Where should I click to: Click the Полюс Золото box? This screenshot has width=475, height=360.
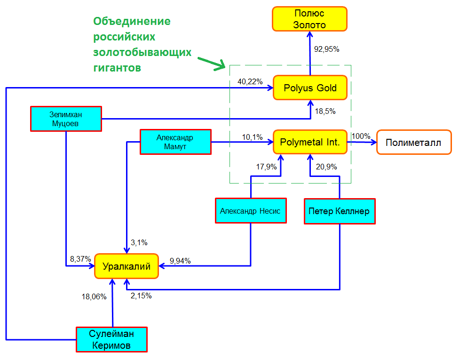309,19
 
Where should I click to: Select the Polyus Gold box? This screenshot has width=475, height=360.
310,88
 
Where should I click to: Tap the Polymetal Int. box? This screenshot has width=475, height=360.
310,142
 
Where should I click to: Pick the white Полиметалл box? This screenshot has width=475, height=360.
414,142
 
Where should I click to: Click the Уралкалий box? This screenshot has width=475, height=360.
127,266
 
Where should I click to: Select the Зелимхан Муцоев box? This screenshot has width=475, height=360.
66,119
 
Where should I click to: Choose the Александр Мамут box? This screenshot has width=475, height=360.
175,142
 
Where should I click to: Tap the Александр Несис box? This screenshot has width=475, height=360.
251,211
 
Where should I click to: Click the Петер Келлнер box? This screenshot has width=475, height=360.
340,211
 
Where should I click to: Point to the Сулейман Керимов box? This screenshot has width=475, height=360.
111,339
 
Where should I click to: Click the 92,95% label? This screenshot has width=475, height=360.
326,49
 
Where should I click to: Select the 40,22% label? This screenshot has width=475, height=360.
250,81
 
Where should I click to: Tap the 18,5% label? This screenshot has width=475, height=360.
325,111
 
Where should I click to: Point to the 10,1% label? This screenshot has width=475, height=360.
252,137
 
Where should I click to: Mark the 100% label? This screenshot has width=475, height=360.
361,136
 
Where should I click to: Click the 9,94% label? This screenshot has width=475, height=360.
180,261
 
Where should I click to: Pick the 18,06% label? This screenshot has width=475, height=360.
94,296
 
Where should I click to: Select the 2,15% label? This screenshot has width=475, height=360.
141,296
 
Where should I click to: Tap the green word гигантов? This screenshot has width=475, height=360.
117,68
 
